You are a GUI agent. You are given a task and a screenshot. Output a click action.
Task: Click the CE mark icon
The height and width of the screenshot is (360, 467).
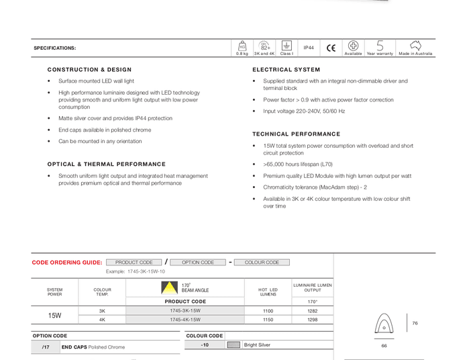point(331,48)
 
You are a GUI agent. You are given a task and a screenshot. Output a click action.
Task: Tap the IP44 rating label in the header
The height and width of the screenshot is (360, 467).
point(309,48)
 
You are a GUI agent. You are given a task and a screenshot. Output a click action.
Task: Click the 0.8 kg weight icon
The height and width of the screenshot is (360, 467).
point(242,46)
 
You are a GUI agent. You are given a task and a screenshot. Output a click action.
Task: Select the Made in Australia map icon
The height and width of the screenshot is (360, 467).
point(415,45)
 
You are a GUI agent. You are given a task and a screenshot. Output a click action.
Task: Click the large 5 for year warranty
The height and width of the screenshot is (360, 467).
point(380,46)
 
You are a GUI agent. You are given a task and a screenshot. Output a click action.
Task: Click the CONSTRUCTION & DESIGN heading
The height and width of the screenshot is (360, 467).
point(89,70)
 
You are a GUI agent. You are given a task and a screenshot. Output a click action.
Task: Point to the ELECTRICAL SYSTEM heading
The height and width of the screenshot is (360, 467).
point(287,70)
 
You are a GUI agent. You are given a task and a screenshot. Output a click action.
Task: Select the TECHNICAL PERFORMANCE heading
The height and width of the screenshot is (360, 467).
point(297,134)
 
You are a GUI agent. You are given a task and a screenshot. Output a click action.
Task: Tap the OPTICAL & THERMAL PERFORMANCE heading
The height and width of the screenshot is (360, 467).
point(107,165)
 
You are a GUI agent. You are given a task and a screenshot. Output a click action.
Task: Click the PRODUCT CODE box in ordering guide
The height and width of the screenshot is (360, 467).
point(134,263)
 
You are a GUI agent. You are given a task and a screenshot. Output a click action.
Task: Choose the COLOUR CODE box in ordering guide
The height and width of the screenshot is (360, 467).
point(262,263)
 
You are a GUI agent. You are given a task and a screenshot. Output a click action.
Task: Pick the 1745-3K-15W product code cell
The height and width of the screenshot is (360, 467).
point(185,311)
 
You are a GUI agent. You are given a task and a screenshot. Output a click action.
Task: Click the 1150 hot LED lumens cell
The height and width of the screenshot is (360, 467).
point(268,320)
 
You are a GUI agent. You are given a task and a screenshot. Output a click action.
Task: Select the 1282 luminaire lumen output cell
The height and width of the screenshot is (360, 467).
point(313,311)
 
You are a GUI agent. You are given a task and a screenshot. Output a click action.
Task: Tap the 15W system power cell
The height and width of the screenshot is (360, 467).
point(54,316)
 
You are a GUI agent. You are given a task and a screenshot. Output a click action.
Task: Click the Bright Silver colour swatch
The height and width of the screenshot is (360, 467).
point(234,345)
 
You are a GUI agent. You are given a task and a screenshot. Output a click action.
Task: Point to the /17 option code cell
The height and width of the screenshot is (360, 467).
point(46,347)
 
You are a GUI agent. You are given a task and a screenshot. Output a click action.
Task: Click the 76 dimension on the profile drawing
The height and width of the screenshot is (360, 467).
point(415,324)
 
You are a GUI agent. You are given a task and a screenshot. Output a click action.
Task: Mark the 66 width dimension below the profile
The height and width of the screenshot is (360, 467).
point(384,346)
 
